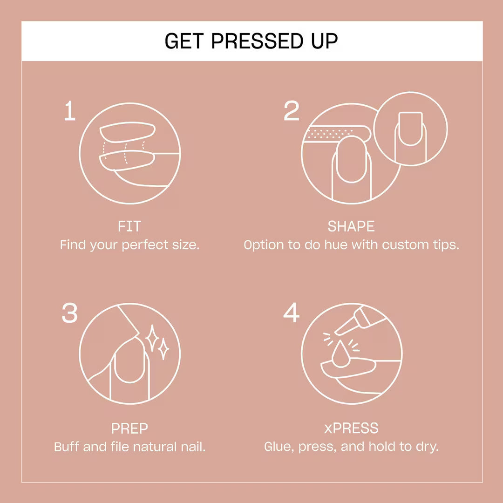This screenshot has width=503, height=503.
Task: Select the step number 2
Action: pyautogui.click(x=292, y=111)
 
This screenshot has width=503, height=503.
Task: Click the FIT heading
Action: pyautogui.click(x=129, y=227)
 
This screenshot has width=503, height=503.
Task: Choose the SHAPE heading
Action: pyautogui.click(x=351, y=227)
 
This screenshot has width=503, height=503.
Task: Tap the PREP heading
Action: pyautogui.click(x=129, y=428)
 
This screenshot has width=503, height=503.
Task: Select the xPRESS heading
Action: pyautogui.click(x=351, y=428)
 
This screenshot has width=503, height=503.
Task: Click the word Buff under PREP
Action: pyautogui.click(x=67, y=447)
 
